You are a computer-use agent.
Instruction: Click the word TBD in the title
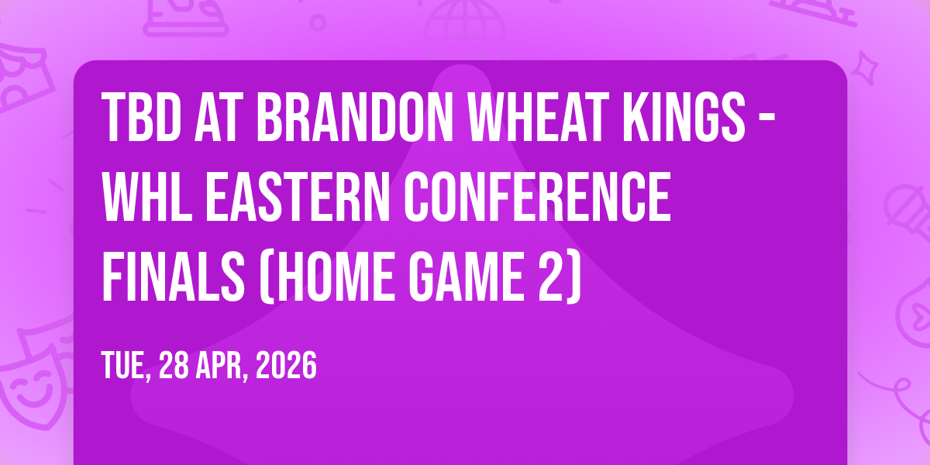[141, 118]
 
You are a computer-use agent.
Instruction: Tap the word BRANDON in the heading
[355, 118]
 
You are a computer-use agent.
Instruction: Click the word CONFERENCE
[538, 197]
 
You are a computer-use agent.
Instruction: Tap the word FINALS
[173, 277]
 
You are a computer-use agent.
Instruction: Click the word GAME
[467, 277]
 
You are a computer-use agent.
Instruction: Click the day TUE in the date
[123, 365]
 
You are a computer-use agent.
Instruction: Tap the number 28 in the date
[174, 365]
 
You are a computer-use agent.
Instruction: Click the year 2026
[286, 365]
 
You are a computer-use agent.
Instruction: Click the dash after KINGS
[766, 119]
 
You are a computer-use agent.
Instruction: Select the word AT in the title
[219, 118]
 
